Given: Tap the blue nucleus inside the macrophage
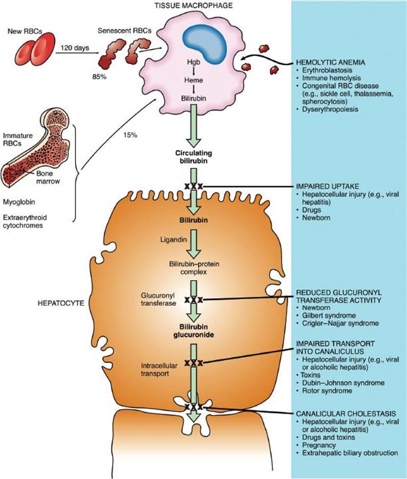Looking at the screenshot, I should point(206,42).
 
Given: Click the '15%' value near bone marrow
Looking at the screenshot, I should point(129,135).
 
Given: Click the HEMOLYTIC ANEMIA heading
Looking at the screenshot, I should point(330,62).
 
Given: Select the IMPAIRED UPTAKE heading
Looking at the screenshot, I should point(327,188).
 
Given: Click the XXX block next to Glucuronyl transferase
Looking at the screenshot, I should point(194,300).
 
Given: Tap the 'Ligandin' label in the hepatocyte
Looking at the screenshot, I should point(171,239).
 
